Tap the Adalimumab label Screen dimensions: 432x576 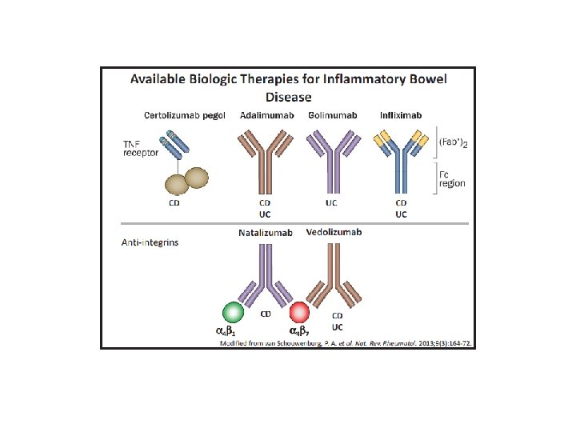coord(266,115)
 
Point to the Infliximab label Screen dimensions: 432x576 coord(402,115)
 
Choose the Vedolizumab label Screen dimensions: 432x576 coord(334,233)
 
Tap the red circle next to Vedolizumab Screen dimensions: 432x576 coord(301,311)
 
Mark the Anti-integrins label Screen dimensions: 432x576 coord(150,242)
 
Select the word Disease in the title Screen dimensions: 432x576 coord(287,96)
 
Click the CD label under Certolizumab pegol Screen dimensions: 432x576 coord(174,204)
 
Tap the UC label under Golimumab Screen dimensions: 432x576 coord(332,203)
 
